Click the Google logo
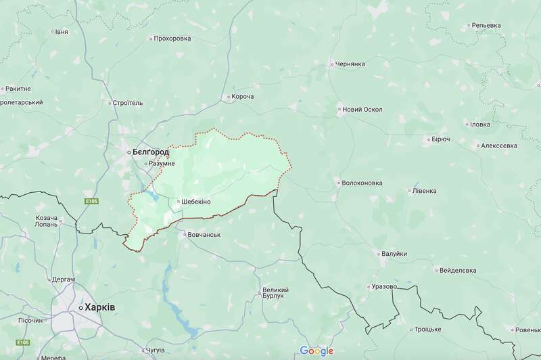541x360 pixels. (317, 351)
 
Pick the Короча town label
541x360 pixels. (242, 97)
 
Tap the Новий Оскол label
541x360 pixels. (362, 109)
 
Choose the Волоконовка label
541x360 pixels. (362, 183)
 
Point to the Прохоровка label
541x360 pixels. (172, 39)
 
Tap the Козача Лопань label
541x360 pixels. (46, 221)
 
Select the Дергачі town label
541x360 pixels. (63, 279)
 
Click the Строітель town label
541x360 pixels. (128, 104)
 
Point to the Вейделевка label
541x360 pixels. (457, 270)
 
